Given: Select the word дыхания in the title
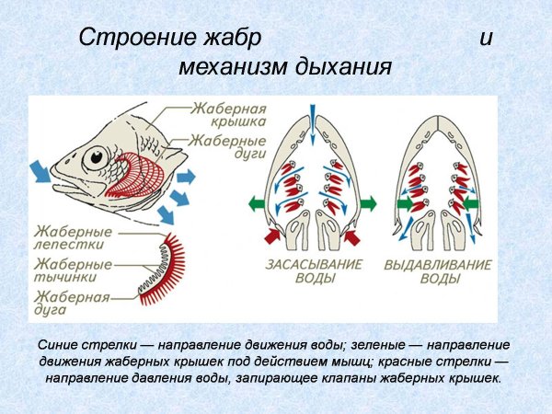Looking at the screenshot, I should tap(346, 68).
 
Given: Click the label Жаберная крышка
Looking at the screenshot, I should tap(228, 113).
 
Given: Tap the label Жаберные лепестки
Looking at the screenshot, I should tap(73, 237).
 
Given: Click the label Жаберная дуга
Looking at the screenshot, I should tap(72, 303).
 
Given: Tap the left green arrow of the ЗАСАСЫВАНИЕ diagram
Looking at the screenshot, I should tap(259, 202).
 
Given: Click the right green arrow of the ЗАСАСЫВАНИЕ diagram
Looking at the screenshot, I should tap(365, 202).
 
